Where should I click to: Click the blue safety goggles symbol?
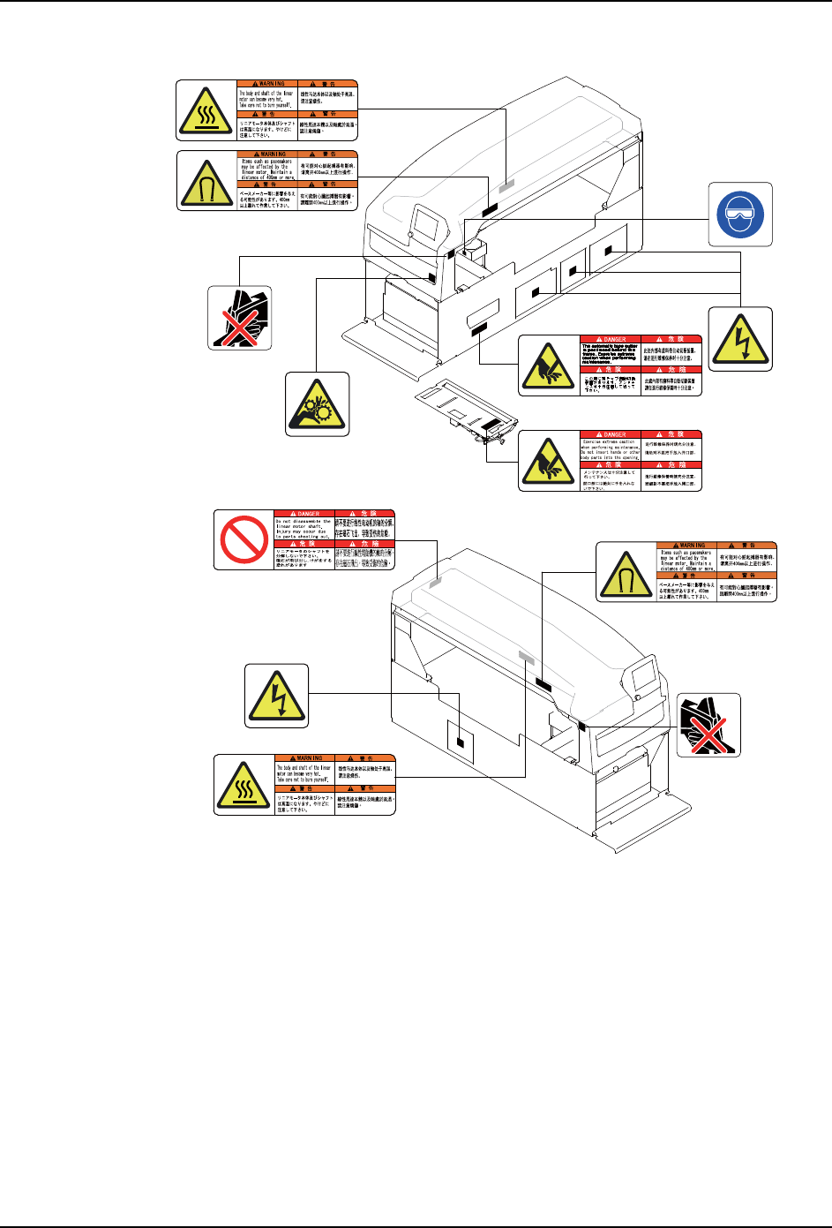pyautogui.click(x=740, y=215)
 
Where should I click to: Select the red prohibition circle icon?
pyautogui.click(x=244, y=539)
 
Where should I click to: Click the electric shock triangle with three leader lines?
pyautogui.click(x=740, y=338)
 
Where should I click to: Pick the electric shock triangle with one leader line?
pyautogui.click(x=276, y=696)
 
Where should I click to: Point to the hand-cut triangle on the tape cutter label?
pyautogui.click(x=548, y=365)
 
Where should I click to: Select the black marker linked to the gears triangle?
pyautogui.click(x=432, y=277)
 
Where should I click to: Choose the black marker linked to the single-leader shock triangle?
pyautogui.click(x=460, y=742)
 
